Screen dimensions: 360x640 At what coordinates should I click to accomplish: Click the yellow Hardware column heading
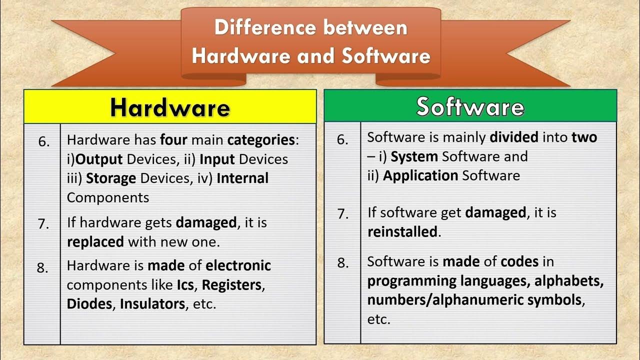pyautogui.click(x=170, y=107)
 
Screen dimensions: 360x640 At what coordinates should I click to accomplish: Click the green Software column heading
pyautogui.click(x=470, y=106)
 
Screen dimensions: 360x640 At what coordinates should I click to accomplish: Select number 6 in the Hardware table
pyautogui.click(x=44, y=142)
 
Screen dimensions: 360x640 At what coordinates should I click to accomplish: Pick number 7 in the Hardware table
pyautogui.click(x=44, y=224)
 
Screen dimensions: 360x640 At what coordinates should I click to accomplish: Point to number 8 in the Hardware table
pyautogui.click(x=43, y=268)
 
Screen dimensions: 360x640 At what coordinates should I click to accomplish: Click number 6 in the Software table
pyautogui.click(x=342, y=139)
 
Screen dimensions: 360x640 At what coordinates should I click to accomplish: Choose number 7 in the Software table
pyautogui.click(x=342, y=214)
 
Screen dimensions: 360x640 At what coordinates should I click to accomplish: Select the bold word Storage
pyautogui.click(x=111, y=178)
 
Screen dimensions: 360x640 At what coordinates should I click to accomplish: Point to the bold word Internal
pyautogui.click(x=242, y=178)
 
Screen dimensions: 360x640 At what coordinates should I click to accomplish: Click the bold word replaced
pyautogui.click(x=95, y=242)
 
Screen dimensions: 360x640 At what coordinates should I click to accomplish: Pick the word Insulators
pyautogui.click(x=152, y=304)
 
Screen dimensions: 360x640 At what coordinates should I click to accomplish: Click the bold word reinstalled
pyautogui.click(x=402, y=232)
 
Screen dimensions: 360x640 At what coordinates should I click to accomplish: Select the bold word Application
pyautogui.click(x=420, y=175)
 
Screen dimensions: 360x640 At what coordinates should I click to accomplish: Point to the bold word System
pyautogui.click(x=414, y=156)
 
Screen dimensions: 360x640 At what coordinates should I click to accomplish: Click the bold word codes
pyautogui.click(x=519, y=261)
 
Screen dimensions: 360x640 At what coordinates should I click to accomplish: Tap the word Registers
pyautogui.click(x=231, y=285)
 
